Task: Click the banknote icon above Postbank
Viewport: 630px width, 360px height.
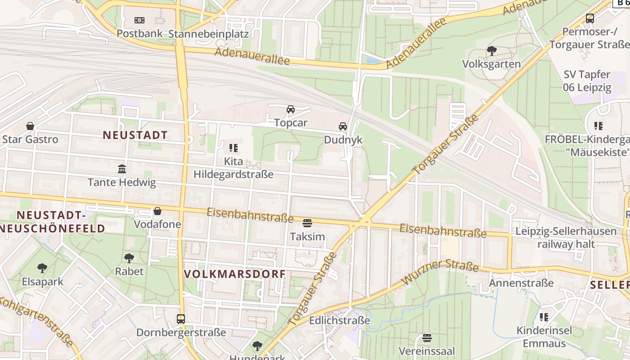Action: [x=139, y=20]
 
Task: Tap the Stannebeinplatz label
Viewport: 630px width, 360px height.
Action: [x=208, y=34]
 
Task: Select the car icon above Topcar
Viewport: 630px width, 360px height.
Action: [x=291, y=109]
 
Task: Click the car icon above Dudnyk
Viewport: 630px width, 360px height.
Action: [x=343, y=126]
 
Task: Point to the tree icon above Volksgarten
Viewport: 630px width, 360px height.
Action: [x=491, y=51]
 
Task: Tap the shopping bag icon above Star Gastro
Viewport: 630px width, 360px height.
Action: [x=30, y=126]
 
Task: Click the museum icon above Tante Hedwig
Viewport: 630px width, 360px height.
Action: [x=122, y=169]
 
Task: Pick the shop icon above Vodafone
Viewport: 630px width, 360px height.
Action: [x=157, y=211]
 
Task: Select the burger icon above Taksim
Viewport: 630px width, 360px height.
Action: [x=307, y=223]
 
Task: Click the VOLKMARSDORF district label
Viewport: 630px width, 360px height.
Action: [x=235, y=274]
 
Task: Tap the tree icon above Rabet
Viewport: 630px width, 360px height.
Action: [x=129, y=258]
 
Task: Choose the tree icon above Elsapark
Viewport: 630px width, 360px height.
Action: [x=42, y=268]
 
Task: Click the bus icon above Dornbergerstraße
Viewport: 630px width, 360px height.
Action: [x=181, y=319]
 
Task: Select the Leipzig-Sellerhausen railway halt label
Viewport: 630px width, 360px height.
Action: [x=566, y=238]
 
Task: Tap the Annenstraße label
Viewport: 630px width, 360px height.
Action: [x=521, y=283]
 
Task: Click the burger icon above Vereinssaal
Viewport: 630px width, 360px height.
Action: [x=427, y=337]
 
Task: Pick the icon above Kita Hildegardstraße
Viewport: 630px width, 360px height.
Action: [x=233, y=148]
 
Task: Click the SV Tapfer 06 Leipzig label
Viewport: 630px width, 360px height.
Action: [x=587, y=81]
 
